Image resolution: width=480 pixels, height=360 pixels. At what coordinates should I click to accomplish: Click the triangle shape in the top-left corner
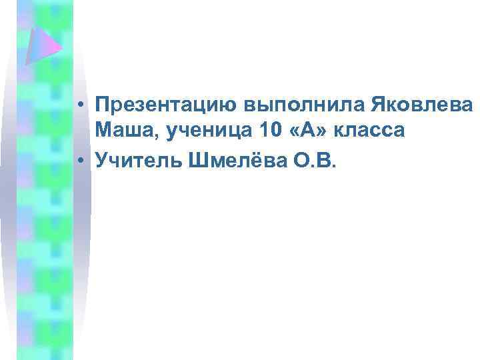(x=42, y=43)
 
